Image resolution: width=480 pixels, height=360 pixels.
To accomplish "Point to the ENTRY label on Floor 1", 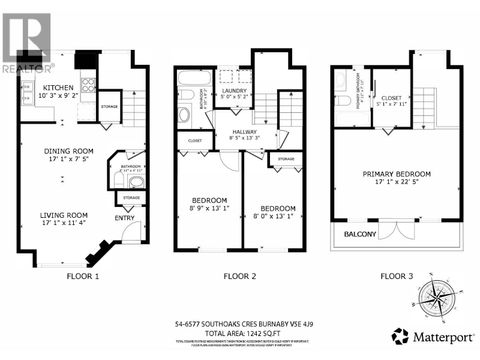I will click(125, 218).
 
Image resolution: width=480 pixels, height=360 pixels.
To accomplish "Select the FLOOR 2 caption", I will click(240, 274).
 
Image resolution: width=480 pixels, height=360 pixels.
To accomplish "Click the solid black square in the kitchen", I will click(86, 59).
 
